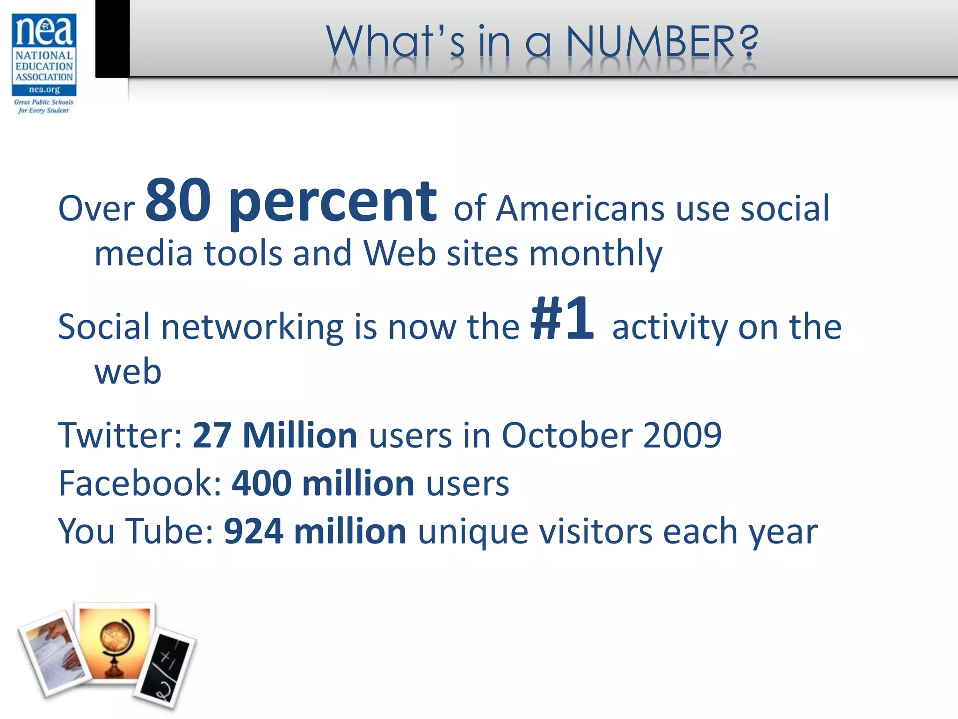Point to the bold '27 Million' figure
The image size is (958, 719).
tap(275, 435)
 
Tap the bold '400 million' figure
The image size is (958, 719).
tap(323, 483)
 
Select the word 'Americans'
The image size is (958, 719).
tap(580, 208)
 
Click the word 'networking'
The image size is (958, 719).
tap(253, 327)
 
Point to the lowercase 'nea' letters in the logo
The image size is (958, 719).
tap(44, 31)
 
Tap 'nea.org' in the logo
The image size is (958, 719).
tap(44, 89)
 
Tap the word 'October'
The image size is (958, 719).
tap(566, 435)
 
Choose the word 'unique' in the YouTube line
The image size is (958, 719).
tap(472, 532)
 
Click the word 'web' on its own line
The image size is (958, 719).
tap(128, 372)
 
